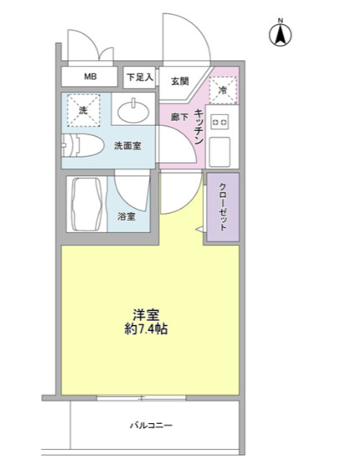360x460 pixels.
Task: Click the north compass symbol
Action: click(x=280, y=34)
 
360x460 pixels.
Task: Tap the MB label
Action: click(x=90, y=76)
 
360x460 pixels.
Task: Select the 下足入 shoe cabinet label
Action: click(x=140, y=77)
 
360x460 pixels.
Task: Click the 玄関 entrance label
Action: click(x=180, y=81)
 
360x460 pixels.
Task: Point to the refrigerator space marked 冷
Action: click(x=223, y=90)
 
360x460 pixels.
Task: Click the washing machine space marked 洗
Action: click(x=84, y=111)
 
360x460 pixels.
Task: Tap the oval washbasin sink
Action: click(x=133, y=111)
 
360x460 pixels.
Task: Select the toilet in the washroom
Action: click(x=82, y=145)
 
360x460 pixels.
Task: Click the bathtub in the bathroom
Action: click(x=87, y=204)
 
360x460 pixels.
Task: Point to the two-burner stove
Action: click(x=220, y=121)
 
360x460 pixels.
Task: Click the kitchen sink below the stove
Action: click(x=220, y=152)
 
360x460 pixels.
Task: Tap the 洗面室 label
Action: click(x=127, y=146)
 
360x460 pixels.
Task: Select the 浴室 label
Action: click(x=126, y=217)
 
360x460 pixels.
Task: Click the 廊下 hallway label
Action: click(x=179, y=117)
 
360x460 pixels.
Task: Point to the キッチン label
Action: click(x=199, y=127)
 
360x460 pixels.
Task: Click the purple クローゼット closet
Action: click(x=223, y=207)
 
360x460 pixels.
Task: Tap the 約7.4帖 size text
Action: click(x=146, y=329)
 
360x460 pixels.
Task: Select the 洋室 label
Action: click(x=146, y=315)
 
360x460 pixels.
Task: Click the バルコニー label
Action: click(x=152, y=425)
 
